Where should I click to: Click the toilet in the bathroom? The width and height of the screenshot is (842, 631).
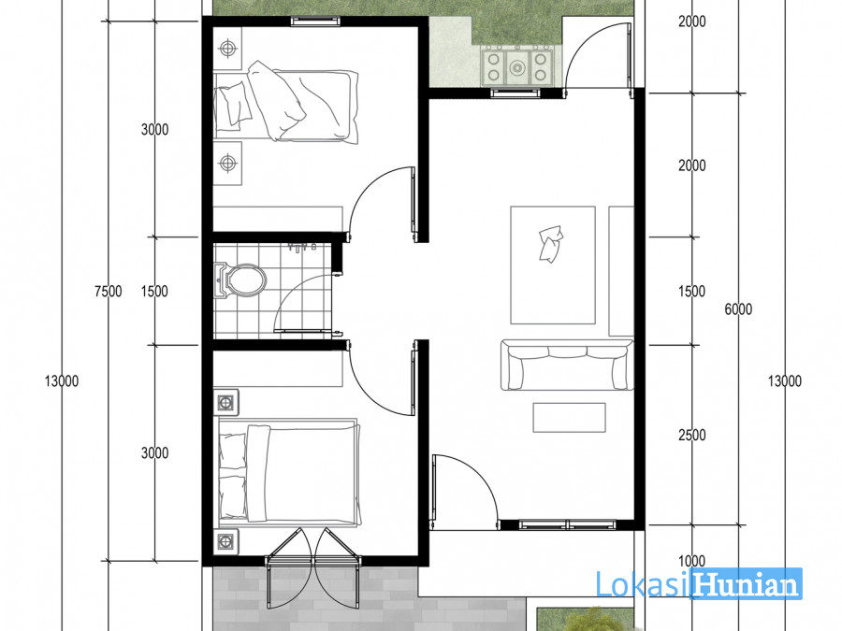[240, 280]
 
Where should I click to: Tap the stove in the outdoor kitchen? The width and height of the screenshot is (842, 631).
[517, 66]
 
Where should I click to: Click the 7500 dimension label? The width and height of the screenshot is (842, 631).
[108, 292]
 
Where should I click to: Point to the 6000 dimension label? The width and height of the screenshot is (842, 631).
[738, 309]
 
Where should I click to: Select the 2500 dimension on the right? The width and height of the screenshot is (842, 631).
[691, 435]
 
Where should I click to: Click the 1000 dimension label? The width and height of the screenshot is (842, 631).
[691, 561]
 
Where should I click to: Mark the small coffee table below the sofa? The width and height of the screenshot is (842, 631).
[569, 418]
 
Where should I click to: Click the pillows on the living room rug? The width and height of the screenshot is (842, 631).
[551, 244]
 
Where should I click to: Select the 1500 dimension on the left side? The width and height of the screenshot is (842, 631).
[154, 292]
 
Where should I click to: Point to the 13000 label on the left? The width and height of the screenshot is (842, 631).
[62, 381]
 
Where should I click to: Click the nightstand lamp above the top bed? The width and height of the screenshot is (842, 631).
[228, 49]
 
